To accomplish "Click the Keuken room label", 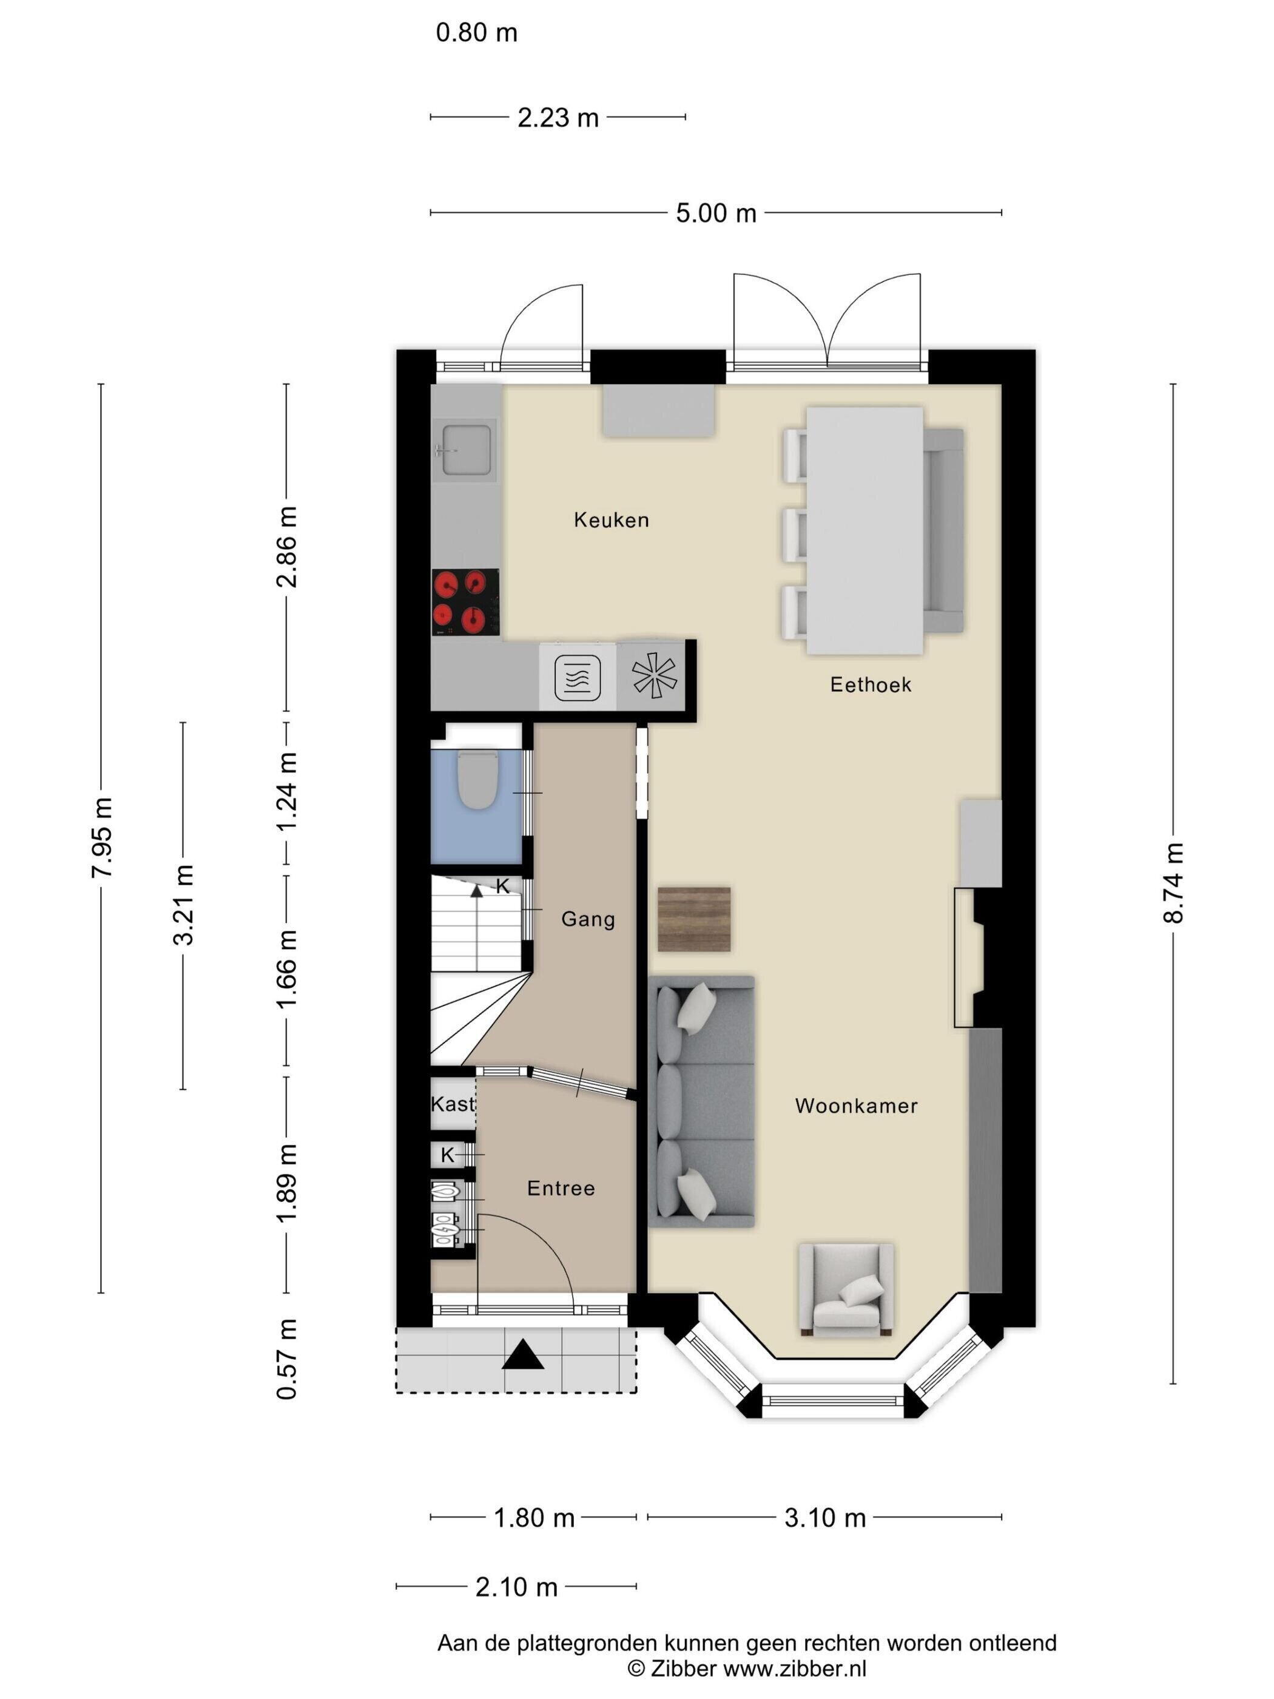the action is click(x=612, y=520).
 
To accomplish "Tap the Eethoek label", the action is click(x=870, y=684).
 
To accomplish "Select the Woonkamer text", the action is click(x=856, y=1106).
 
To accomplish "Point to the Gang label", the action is click(x=588, y=919).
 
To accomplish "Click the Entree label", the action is click(x=561, y=1188).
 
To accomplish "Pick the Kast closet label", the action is click(x=453, y=1104).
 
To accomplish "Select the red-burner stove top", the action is click(x=465, y=602).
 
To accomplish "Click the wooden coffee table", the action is click(x=694, y=919).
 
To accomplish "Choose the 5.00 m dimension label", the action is click(x=716, y=213).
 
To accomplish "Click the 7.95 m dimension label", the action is click(x=101, y=837).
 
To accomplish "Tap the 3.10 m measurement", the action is click(x=824, y=1518).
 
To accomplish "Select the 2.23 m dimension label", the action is click(x=558, y=118).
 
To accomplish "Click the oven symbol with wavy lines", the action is click(x=578, y=677).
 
